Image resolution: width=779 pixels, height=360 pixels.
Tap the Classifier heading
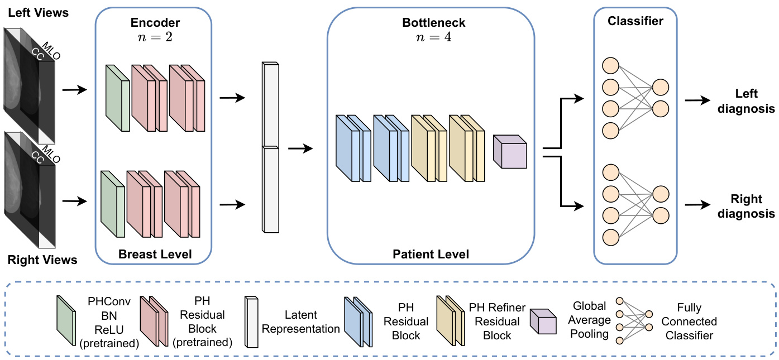coord(635,22)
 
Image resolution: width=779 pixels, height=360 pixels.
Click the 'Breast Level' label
coord(155,255)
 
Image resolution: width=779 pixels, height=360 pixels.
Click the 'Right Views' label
coord(42,260)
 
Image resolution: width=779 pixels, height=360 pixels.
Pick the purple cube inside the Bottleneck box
coord(509,152)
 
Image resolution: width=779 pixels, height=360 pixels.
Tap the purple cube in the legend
coord(542,321)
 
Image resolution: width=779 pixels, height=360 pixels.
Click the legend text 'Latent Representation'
coord(301,322)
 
